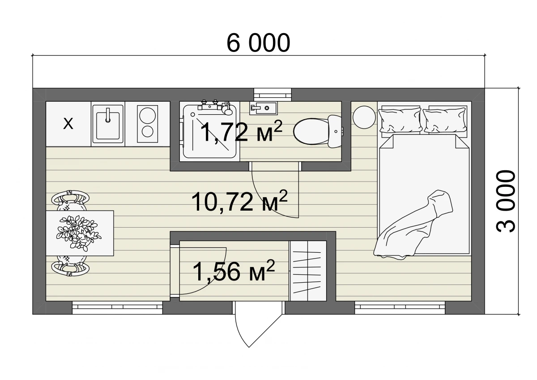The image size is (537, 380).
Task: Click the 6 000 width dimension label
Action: coord(258,43)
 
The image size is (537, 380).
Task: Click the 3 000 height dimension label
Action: coord(506,201)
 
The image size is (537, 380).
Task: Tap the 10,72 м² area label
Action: coord(239,201)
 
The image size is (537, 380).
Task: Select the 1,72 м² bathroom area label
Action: coord(241,131)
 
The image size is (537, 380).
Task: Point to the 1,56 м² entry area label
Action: coord(234,271)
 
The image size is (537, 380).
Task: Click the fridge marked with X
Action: coord(68,124)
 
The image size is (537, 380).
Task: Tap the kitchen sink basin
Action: coord(108,125)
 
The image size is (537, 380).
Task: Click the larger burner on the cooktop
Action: coord(147,116)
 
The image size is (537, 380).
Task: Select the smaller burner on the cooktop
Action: coord(147,131)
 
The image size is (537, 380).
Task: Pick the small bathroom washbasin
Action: coord(263,108)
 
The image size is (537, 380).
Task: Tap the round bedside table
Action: coord(364,117)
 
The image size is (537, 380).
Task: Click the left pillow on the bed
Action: coord(400,120)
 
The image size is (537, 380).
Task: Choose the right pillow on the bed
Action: coord(445,120)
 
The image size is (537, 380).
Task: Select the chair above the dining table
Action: coord(70,200)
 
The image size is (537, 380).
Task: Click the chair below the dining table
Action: coord(70,266)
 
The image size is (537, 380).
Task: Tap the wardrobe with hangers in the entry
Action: coord(308,271)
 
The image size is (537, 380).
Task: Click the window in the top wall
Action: coord(273,95)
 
